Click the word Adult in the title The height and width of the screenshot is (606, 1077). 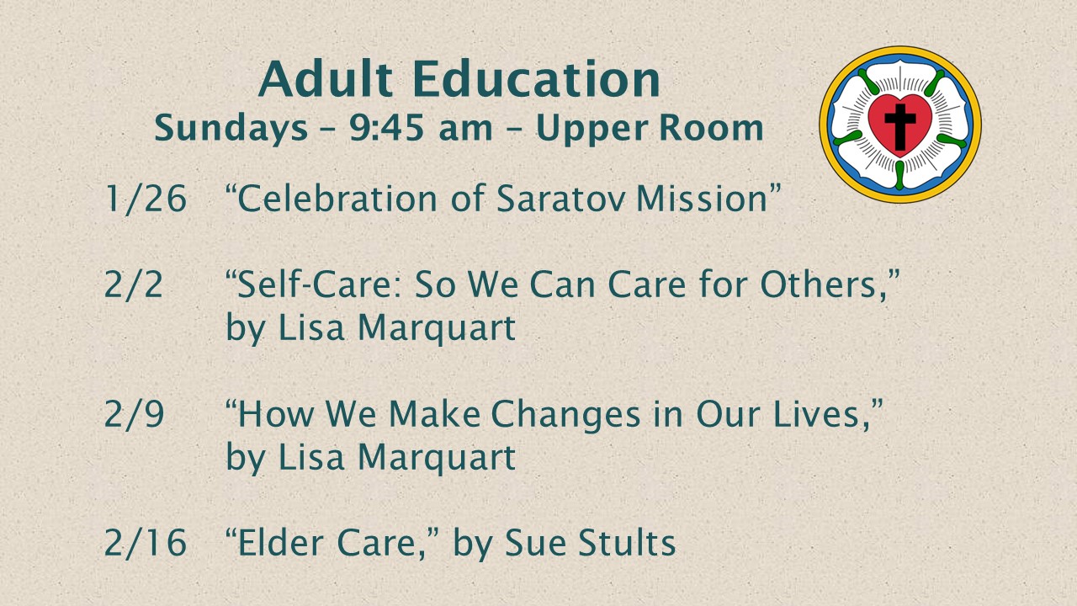click(x=326, y=79)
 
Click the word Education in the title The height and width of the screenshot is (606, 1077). click(x=537, y=79)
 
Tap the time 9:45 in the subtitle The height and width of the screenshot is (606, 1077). click(x=386, y=129)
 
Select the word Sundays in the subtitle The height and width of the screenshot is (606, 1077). click(x=231, y=130)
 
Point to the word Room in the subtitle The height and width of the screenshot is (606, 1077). click(x=711, y=129)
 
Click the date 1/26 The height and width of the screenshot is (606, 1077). click(x=146, y=198)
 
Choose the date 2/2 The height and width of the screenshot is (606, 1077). click(x=133, y=284)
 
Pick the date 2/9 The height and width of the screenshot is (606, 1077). click(x=134, y=413)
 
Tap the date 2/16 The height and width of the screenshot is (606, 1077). click(x=146, y=543)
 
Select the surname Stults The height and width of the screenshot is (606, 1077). click(x=627, y=543)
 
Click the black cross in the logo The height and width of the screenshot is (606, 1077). click(x=900, y=126)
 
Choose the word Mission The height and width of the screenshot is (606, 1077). click(x=702, y=198)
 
